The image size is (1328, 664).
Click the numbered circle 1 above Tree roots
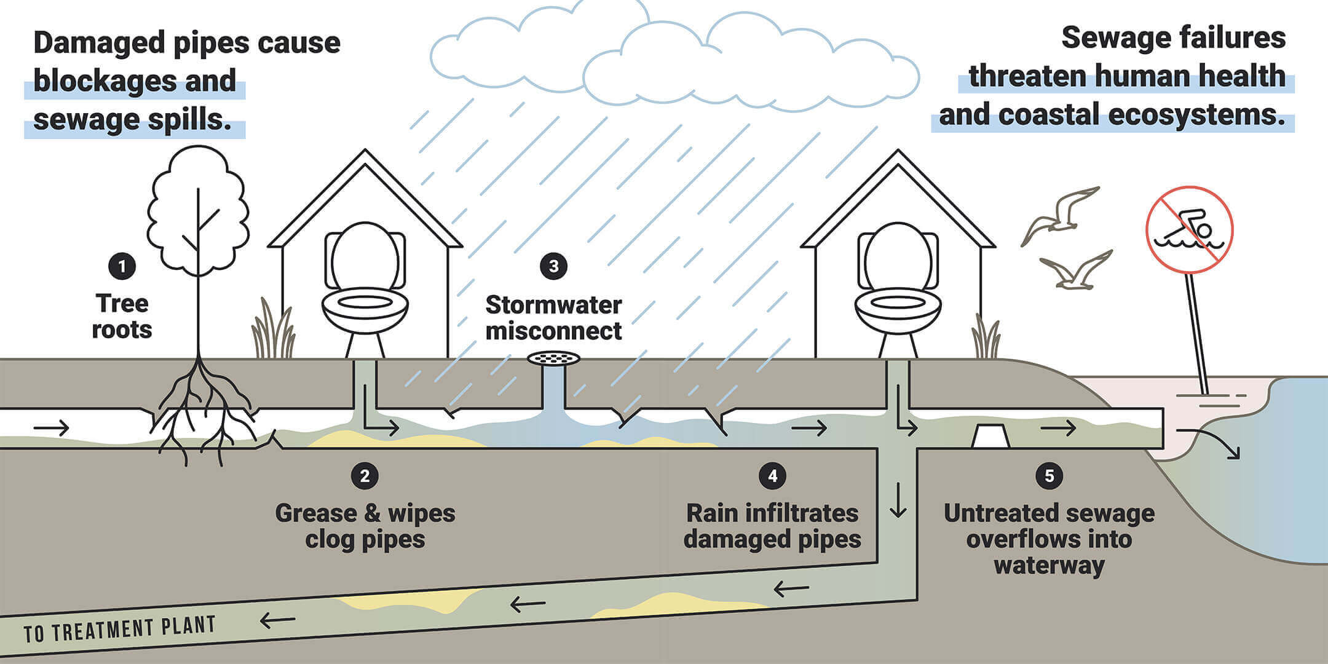(122, 266)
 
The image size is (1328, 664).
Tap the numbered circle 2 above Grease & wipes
(365, 476)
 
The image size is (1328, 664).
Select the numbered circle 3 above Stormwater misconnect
(553, 266)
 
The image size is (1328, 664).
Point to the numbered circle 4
(772, 476)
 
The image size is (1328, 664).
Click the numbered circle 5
(1049, 476)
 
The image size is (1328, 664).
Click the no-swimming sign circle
(1189, 229)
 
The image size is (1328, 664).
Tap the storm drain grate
(553, 357)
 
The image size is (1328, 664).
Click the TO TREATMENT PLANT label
(120, 630)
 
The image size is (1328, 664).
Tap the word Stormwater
(553, 305)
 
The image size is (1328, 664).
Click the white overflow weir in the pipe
(990, 436)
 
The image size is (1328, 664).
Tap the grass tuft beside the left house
(274, 332)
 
